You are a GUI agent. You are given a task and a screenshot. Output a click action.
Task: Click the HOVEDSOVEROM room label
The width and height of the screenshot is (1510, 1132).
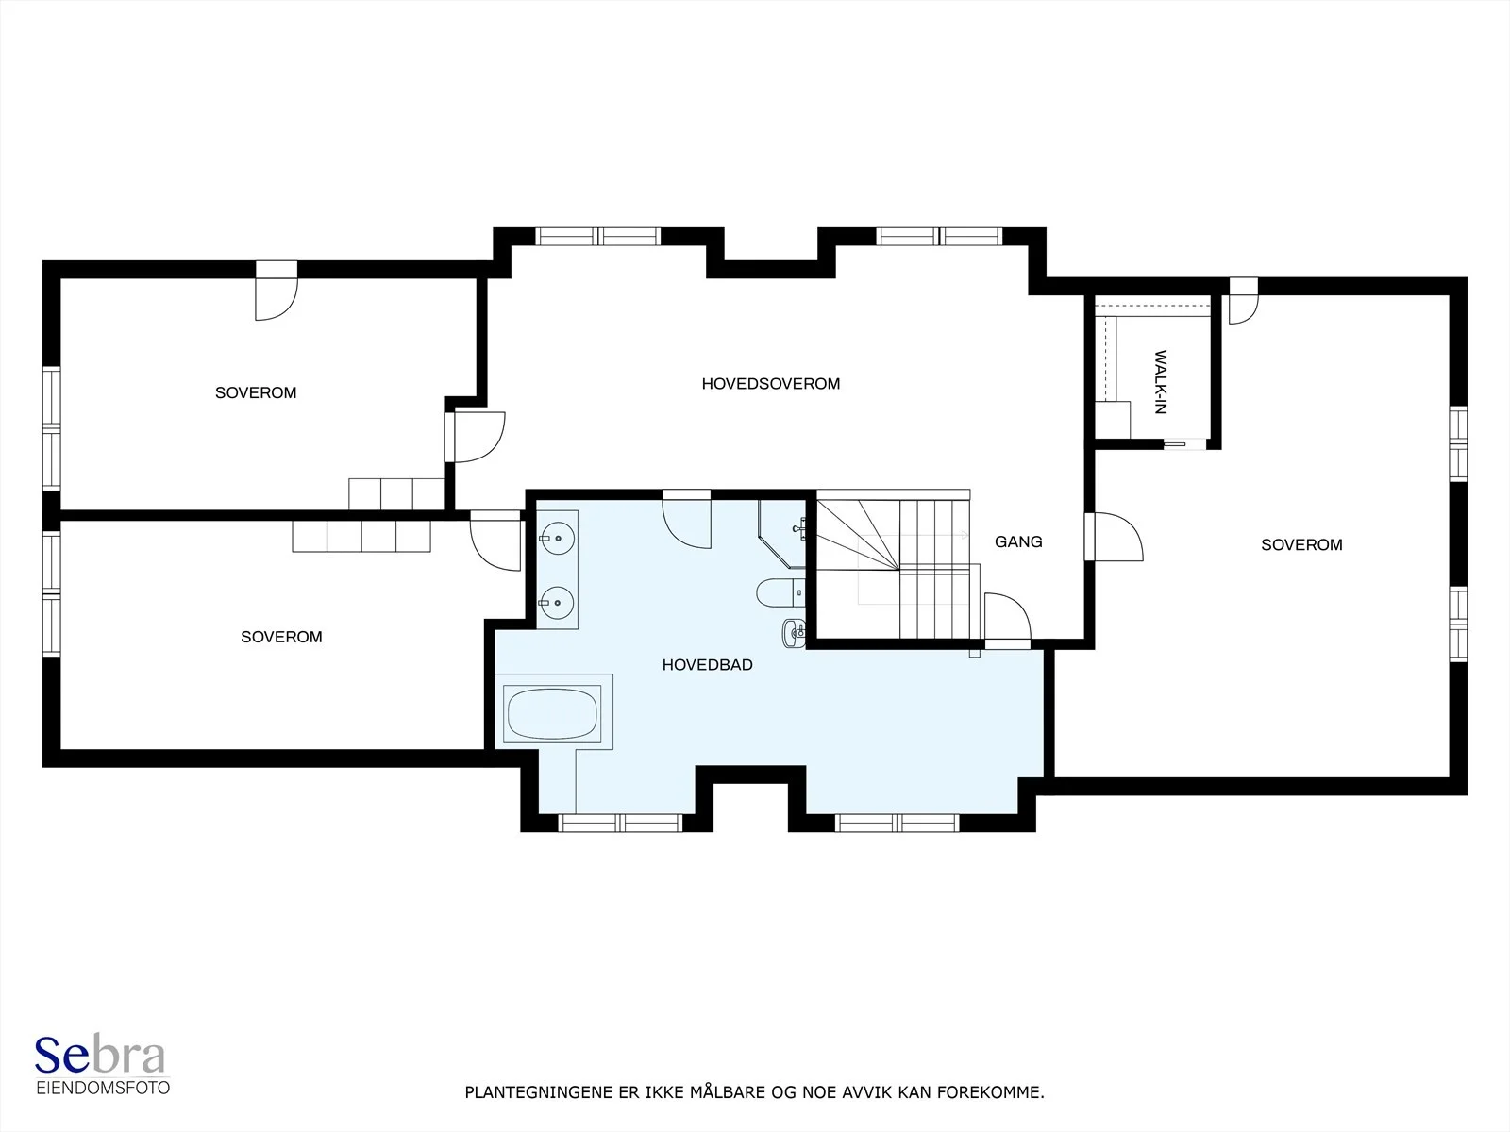pos(770,384)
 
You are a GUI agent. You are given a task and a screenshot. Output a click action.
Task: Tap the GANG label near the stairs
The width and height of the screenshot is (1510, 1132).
pos(1018,541)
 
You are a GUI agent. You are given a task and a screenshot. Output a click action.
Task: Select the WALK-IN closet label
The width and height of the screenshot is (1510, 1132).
pos(1161,381)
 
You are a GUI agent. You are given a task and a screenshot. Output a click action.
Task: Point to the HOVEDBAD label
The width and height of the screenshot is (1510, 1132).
pos(707,665)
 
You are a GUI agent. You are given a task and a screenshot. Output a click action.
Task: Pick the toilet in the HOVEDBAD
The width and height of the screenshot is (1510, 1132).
pos(780,592)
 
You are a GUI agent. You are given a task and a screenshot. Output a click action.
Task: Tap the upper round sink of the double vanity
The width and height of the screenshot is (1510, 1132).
pos(557,538)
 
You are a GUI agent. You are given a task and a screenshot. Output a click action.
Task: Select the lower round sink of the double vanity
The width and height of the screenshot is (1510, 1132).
pos(557,604)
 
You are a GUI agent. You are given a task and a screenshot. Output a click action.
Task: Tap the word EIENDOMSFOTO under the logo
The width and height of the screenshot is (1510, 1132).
pos(103,1088)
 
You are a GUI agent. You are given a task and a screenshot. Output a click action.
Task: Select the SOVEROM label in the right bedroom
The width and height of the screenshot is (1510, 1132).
pos(1301,545)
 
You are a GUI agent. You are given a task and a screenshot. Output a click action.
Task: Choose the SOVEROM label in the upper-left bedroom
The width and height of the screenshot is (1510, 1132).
pos(256,392)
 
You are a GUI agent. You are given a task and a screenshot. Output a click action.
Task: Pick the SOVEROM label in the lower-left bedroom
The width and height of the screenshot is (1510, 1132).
pos(281,637)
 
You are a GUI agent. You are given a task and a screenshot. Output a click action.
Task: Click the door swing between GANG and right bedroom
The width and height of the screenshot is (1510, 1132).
pos(1115,537)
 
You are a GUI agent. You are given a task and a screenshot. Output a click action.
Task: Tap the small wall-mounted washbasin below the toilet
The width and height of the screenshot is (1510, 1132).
pos(794,633)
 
